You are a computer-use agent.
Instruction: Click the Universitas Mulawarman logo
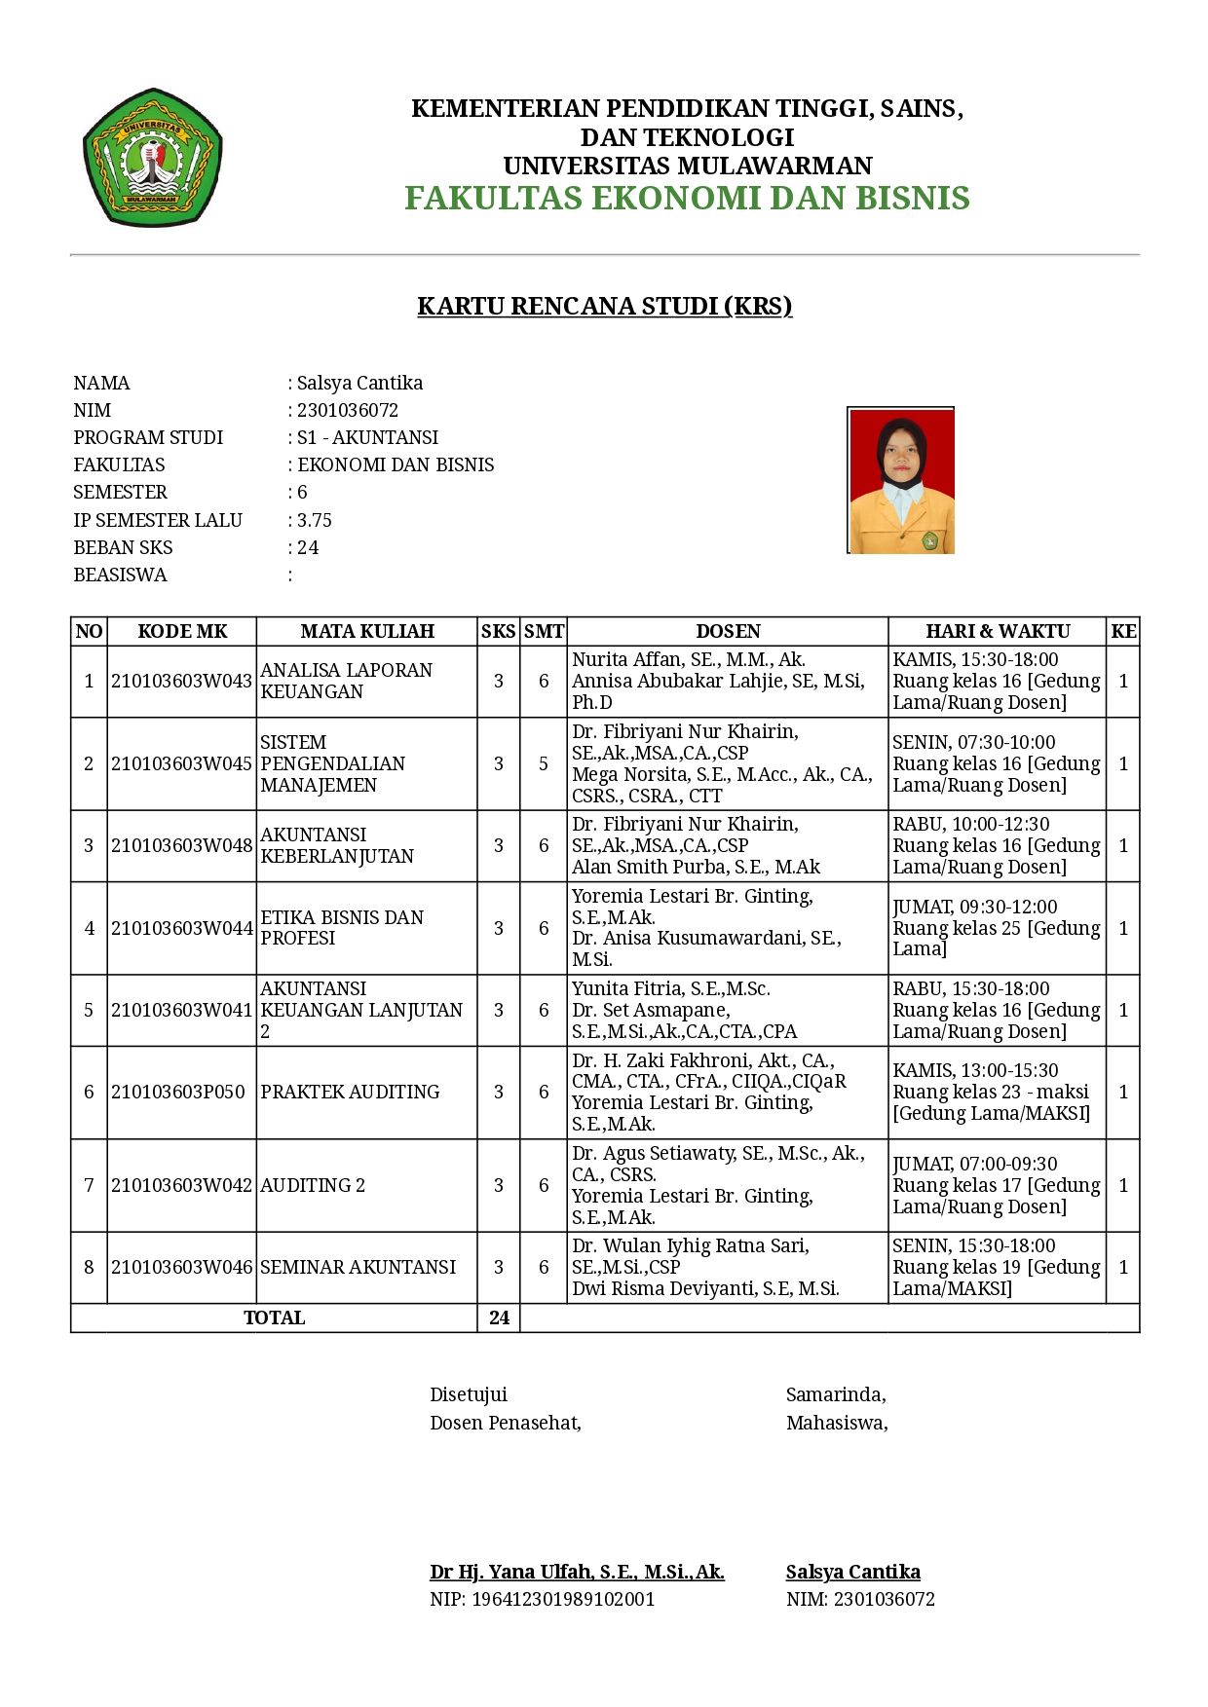153,158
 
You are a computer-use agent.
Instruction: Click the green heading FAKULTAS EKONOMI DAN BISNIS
687,198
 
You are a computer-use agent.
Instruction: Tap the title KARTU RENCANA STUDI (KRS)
604,306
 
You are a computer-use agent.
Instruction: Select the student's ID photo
901,481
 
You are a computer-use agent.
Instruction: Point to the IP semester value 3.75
315,520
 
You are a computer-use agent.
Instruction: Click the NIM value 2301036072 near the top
348,410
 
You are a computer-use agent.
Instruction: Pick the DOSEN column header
728,631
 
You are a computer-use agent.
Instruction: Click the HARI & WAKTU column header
998,631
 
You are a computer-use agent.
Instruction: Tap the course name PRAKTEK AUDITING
350,1092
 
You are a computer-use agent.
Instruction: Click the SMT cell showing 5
544,763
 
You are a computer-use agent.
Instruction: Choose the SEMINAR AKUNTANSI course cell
358,1267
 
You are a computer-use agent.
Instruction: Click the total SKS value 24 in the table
499,1317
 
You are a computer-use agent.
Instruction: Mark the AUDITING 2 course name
313,1185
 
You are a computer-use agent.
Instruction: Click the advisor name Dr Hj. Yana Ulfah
577,1572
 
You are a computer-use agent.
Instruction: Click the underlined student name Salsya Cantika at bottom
852,1572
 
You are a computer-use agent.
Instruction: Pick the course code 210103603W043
181,681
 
